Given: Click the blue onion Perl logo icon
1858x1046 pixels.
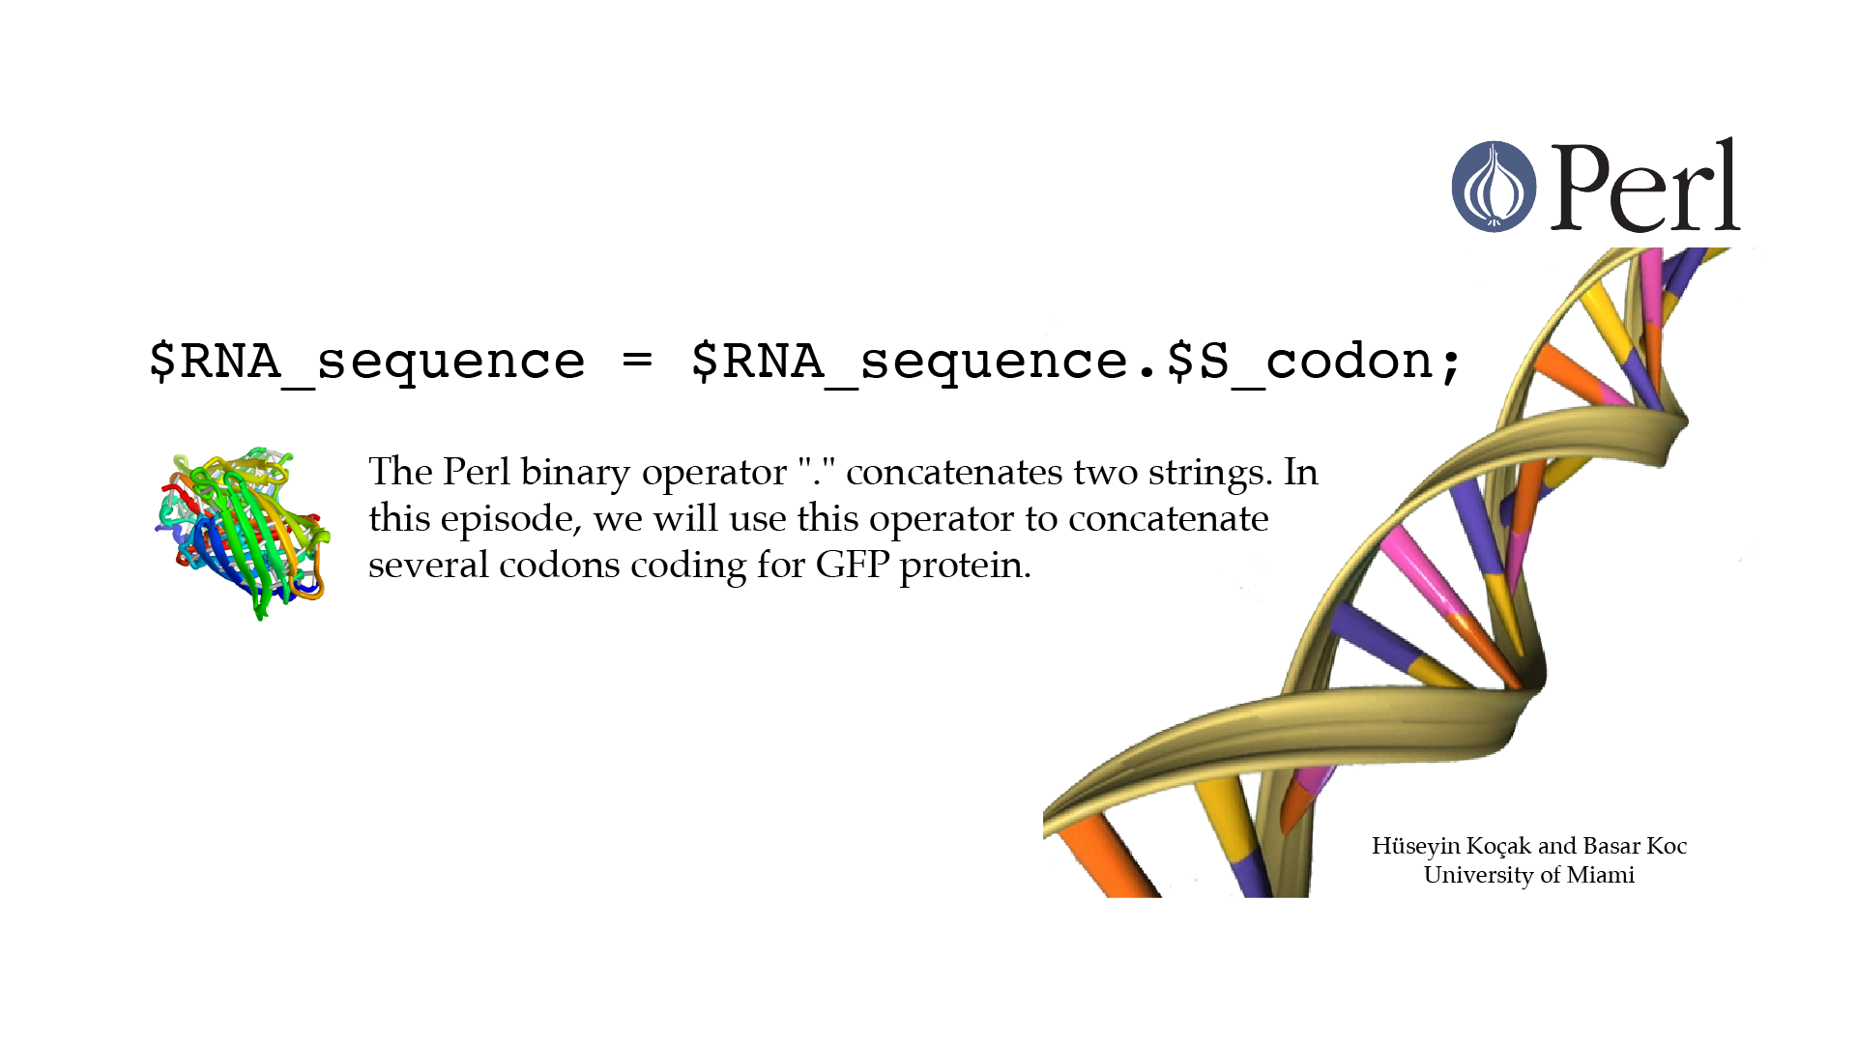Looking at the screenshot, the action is point(1494,187).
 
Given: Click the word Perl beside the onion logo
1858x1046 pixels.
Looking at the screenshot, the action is point(1645,185).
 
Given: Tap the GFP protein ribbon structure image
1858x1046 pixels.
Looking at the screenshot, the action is point(244,533).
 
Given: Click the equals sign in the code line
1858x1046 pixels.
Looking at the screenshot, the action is point(637,361).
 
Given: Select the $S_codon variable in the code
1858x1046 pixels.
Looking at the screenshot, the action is point(1300,362).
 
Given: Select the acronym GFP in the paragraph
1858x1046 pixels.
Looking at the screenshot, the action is point(853,565).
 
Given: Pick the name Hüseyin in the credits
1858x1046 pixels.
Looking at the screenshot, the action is point(1415,847).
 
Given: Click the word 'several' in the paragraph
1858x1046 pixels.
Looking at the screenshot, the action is point(428,566).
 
